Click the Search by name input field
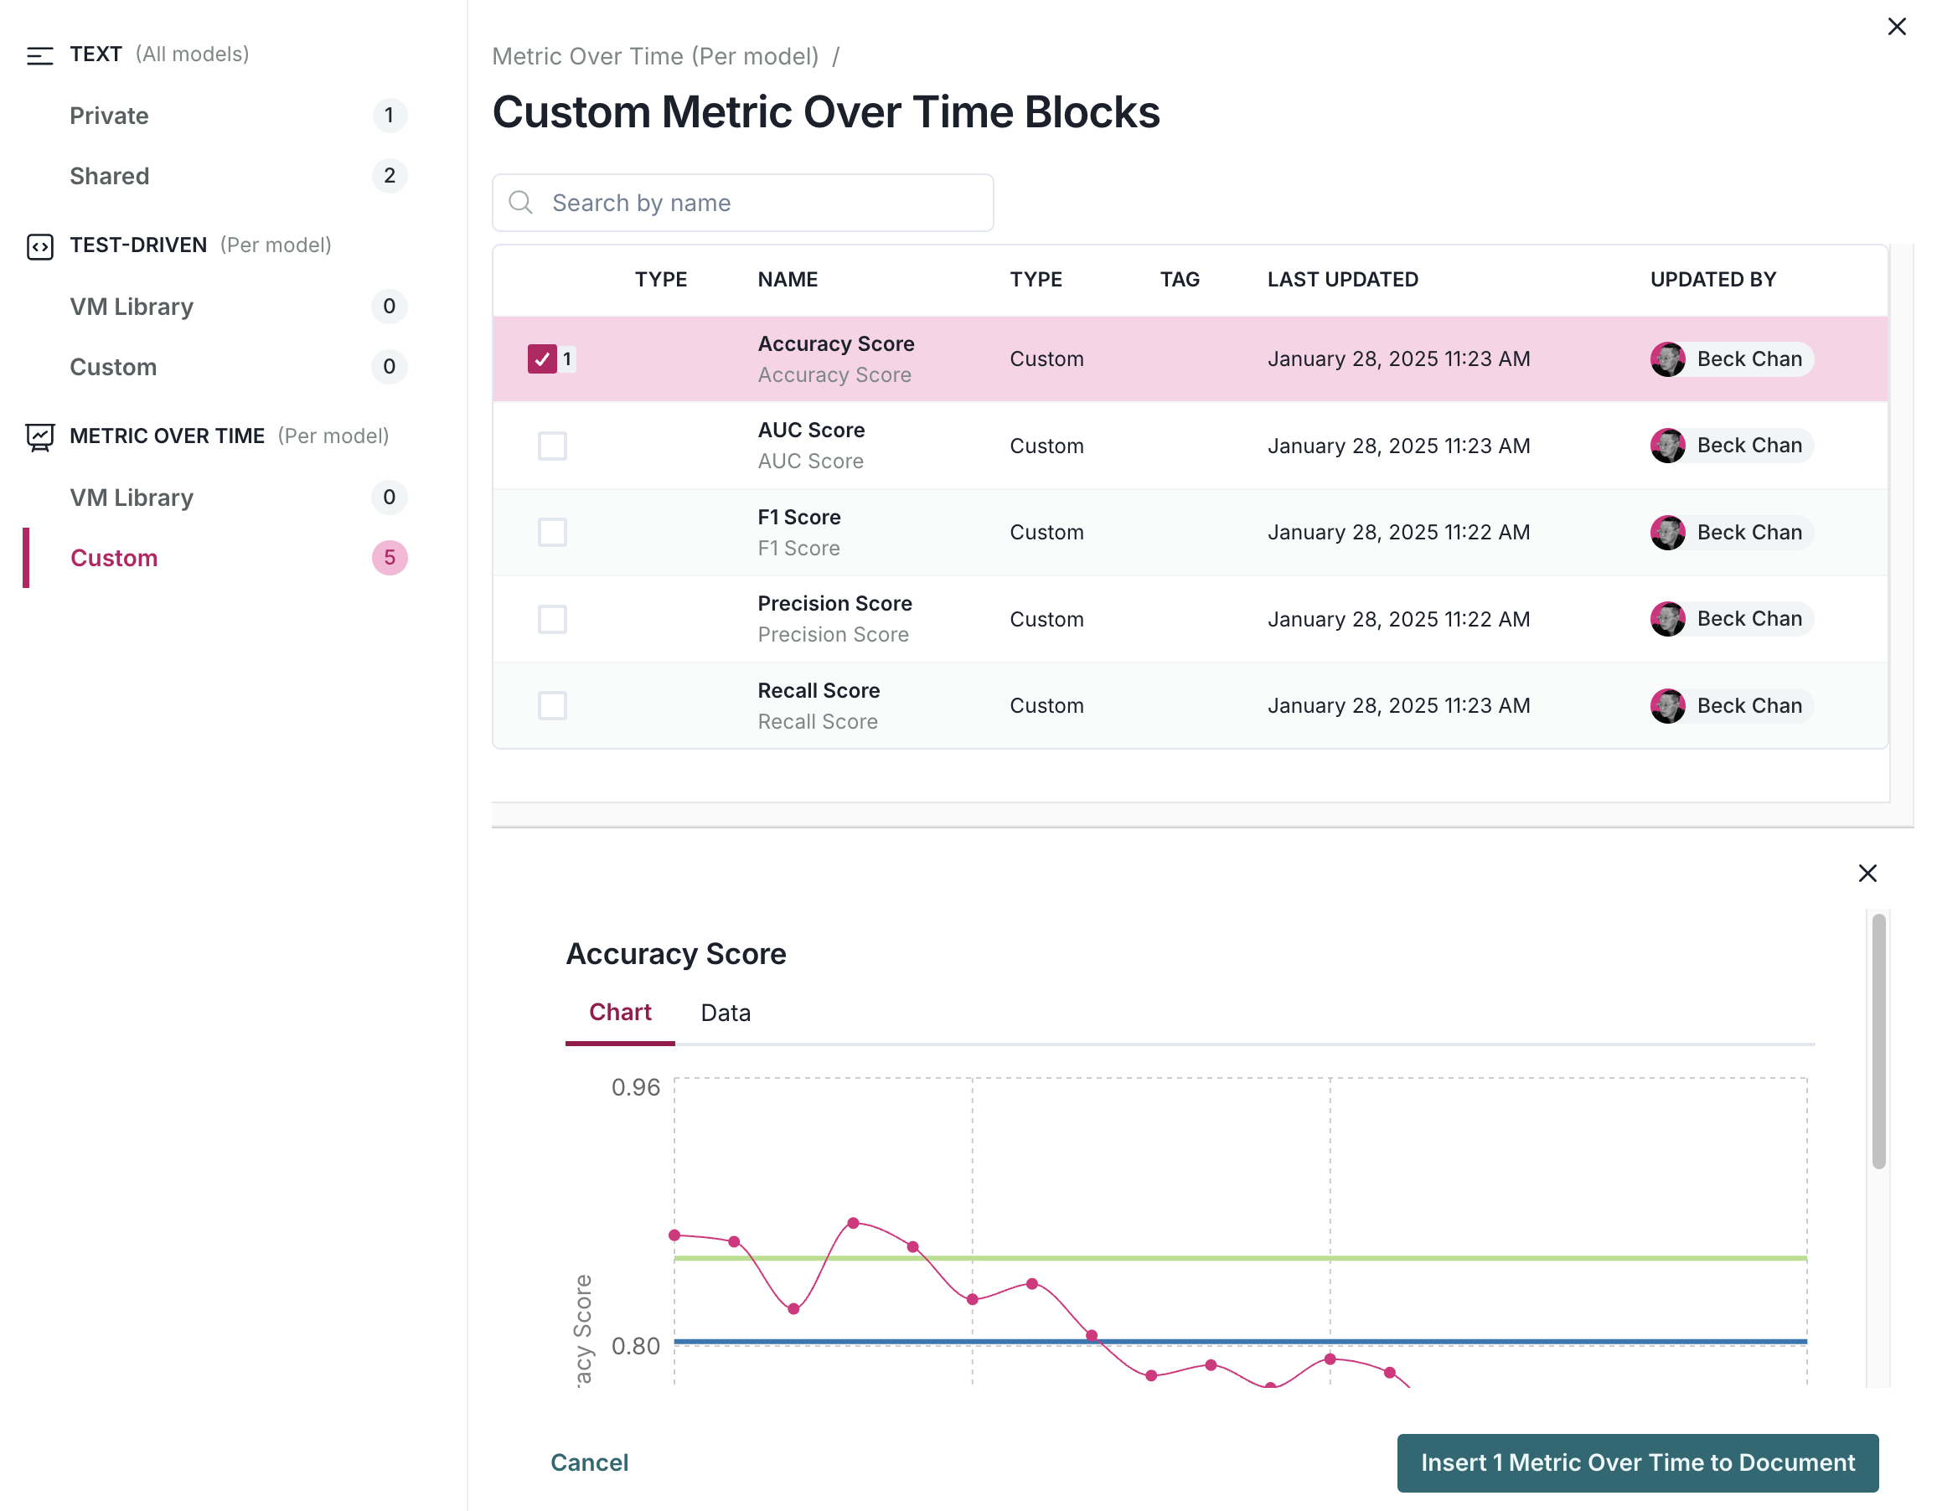743,203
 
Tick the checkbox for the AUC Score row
551,446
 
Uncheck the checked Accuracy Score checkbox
542,359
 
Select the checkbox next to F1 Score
551,532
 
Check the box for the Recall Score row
551,706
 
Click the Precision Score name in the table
834,604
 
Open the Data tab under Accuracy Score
725,1013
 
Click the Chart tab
619,1013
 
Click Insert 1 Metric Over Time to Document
1636,1462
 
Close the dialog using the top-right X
1896,27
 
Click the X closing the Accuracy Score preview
1867,874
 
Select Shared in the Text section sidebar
110,176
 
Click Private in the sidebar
109,116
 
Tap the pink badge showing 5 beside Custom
390,558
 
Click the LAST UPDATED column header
1342,279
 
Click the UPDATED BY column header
1712,279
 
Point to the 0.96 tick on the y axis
635,1087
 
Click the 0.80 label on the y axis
635,1346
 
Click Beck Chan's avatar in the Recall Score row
1666,706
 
